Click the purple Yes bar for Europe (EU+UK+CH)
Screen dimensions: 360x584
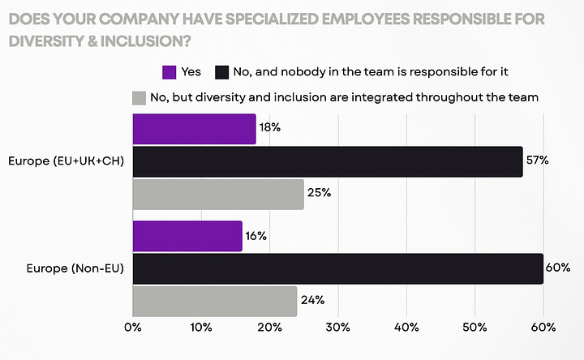194,129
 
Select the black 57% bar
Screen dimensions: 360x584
327,161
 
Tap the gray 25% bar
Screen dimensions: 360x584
217,194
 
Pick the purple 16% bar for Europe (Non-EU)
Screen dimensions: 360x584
187,235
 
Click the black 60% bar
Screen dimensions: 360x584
337,268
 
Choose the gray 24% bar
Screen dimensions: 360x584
214,300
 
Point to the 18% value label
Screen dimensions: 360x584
270,129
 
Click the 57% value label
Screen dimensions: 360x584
537,161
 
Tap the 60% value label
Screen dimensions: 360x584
558,268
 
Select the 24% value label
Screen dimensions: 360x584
312,300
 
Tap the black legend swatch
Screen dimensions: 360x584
221,72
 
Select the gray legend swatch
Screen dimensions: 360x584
139,97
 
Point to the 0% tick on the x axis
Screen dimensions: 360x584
132,327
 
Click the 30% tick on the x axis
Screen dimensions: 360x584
338,327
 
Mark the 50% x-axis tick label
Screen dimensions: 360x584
474,327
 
